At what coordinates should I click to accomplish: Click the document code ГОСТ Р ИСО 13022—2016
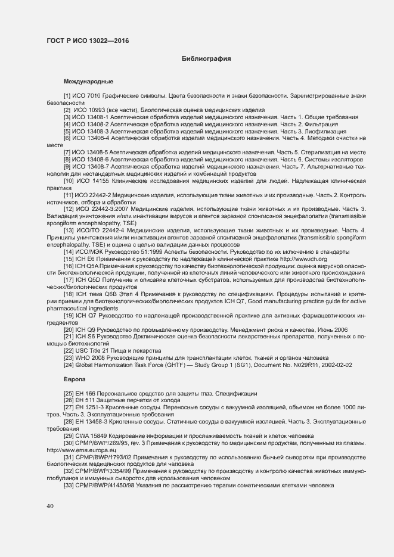88,41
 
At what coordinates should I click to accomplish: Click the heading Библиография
206,59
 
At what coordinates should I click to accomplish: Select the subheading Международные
88,81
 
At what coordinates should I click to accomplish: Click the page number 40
49,506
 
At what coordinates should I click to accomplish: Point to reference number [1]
67,96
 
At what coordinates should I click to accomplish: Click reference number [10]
69,181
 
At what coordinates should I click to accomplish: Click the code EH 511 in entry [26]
87,400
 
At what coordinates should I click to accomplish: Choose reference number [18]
69,294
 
